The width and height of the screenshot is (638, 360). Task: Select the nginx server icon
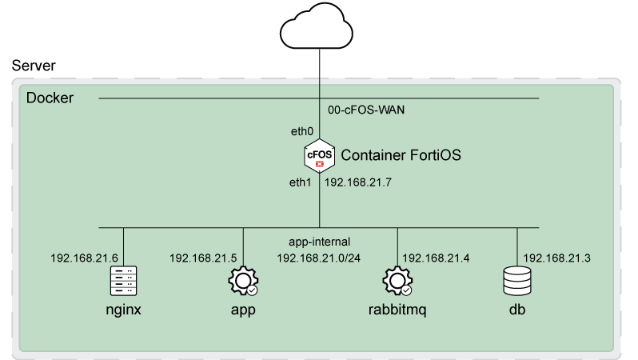point(123,282)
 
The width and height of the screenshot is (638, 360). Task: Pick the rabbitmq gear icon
point(397,282)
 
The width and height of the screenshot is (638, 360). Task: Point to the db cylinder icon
point(516,282)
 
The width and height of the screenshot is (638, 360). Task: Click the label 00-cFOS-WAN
point(366,110)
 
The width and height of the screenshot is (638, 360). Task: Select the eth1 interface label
point(301,183)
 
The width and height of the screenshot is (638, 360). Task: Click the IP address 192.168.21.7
point(357,183)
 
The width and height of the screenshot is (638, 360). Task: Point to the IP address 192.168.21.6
point(84,258)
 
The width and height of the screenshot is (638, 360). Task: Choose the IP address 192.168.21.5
point(203,258)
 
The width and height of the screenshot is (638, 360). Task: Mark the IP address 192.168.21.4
point(436,258)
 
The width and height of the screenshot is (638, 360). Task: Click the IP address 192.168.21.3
point(556,258)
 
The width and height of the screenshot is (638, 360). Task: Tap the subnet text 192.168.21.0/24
point(320,258)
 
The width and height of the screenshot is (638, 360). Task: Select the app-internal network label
point(320,241)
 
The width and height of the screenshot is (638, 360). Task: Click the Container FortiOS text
point(401,154)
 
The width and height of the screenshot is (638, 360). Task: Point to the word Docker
point(50,98)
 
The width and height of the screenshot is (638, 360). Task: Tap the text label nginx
point(123,310)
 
